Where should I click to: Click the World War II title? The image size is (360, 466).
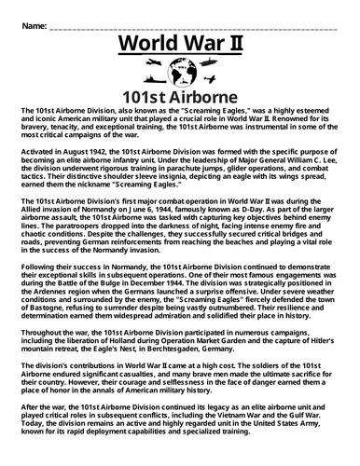click(x=179, y=48)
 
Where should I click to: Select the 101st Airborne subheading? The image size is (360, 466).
click(x=179, y=95)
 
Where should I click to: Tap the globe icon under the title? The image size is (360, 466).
click(x=180, y=73)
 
